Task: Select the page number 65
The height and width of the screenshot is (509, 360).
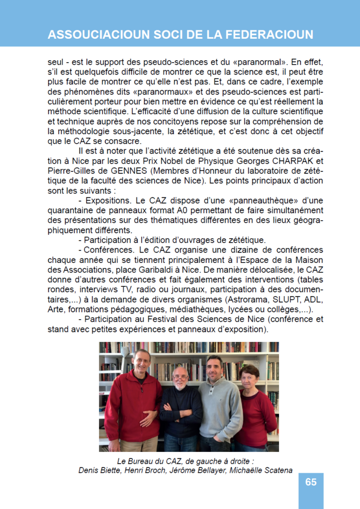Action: point(311,482)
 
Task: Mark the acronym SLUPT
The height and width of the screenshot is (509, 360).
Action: point(288,300)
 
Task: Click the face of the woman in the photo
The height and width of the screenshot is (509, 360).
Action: point(249,376)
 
